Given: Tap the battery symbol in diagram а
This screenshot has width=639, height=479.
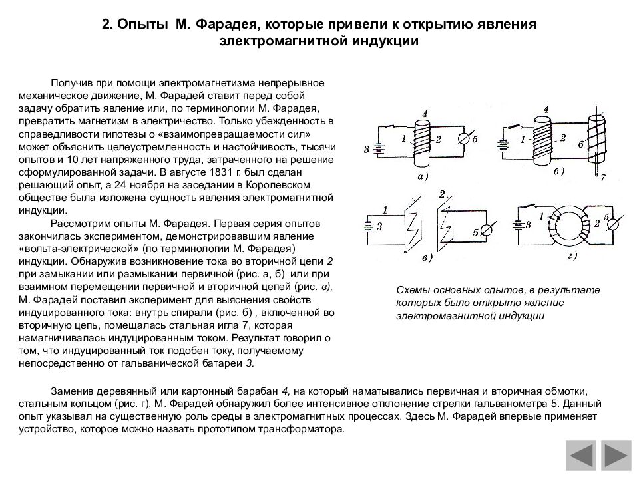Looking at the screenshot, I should click(377, 148).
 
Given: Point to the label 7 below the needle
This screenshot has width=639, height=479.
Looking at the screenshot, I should click(602, 179).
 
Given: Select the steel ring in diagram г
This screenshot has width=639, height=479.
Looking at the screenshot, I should click(570, 224).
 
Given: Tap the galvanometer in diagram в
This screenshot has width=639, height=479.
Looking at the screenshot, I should click(486, 229).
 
